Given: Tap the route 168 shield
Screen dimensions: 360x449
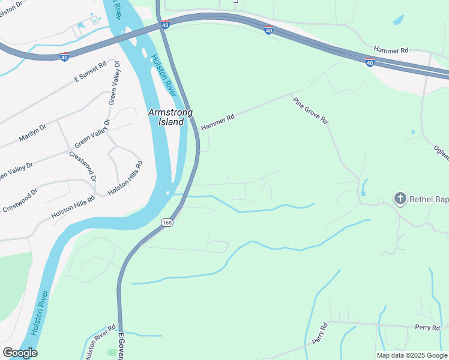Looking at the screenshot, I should click(167, 223).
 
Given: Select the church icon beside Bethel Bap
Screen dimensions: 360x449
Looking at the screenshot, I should click(400, 198).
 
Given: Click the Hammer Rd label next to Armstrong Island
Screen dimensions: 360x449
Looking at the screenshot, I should click(217, 123).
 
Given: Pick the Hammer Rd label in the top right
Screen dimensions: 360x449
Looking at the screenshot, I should click(391, 50).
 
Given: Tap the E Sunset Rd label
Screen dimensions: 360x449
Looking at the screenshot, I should click(90, 71).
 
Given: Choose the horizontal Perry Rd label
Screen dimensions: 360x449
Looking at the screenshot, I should click(427, 328).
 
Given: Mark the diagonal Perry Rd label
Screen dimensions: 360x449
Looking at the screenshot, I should click(320, 334).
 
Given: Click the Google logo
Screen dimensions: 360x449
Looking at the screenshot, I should click(19, 353).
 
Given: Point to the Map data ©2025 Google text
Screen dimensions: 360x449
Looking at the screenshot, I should click(412, 355).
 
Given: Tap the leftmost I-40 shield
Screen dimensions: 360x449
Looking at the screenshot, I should click(65, 56).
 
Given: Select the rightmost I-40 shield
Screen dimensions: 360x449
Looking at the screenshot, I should click(370, 62).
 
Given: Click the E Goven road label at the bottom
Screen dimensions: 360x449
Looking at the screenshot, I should click(121, 346).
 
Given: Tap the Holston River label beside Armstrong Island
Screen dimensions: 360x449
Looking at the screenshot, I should click(163, 75).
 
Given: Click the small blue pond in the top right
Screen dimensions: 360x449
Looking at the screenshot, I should click(399, 20).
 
